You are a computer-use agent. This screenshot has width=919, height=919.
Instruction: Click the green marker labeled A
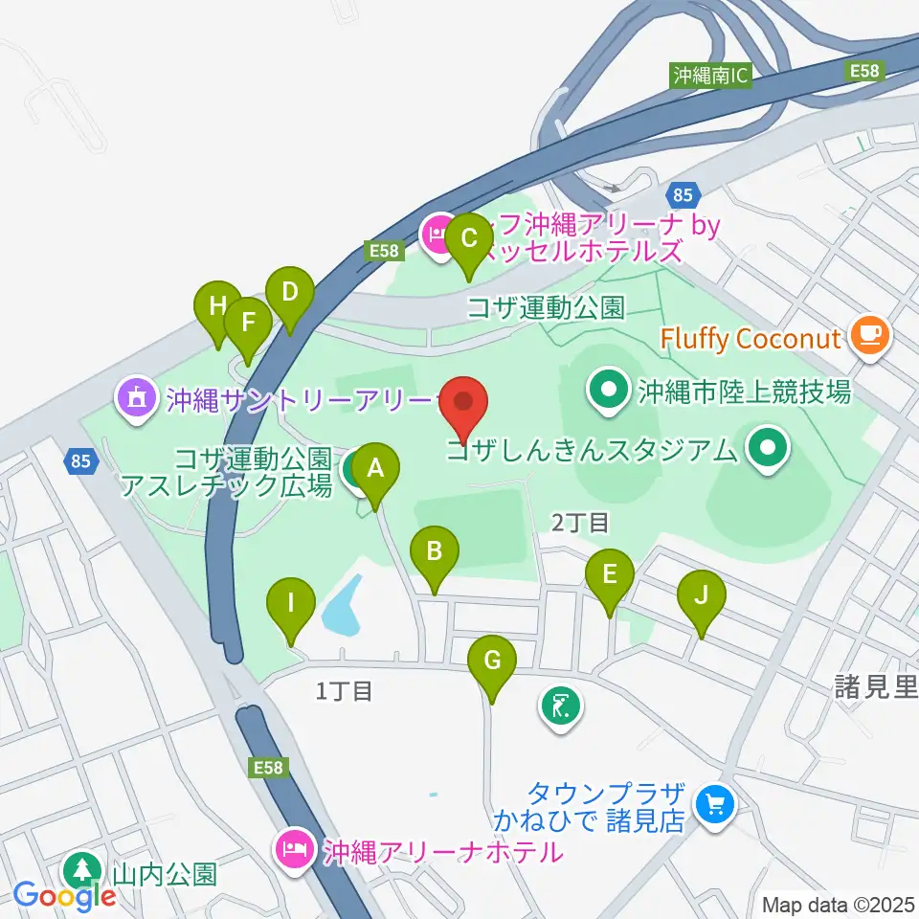(375, 469)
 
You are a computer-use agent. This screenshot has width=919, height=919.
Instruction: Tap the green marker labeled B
(435, 551)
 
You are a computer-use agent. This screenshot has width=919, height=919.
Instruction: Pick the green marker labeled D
(290, 289)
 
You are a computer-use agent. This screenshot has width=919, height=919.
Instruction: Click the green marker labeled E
(610, 574)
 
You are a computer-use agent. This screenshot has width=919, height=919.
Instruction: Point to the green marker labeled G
(492, 661)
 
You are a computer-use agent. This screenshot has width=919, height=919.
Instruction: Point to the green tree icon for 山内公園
(80, 870)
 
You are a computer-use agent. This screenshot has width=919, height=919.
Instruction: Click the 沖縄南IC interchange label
(710, 75)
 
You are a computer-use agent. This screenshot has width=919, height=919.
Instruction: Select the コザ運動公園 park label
(546, 307)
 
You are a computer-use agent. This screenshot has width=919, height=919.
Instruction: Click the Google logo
(64, 896)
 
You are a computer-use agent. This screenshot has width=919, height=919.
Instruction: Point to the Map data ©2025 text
(837, 904)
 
